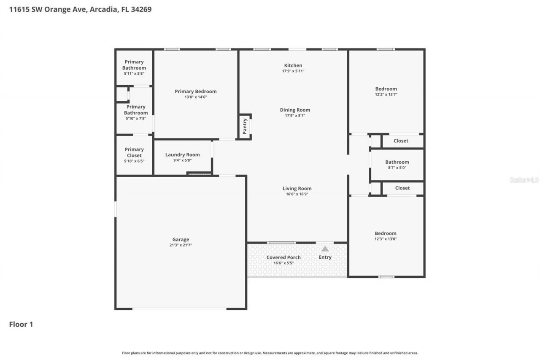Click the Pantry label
(x=244, y=126)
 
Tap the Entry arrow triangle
(x=325, y=249)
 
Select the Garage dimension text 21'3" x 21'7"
(x=181, y=245)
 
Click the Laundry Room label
(x=182, y=154)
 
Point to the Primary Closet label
(x=134, y=152)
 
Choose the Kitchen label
(x=293, y=65)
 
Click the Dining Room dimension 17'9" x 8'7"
(x=295, y=116)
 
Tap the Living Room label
(x=297, y=189)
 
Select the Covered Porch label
(x=283, y=257)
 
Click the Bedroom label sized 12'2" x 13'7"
(x=386, y=89)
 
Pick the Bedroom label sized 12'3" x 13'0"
(x=386, y=233)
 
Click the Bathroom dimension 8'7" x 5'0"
(x=397, y=168)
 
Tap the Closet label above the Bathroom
(x=401, y=141)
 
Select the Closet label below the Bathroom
(x=402, y=188)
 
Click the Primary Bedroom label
(x=196, y=91)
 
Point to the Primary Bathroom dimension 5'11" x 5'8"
(x=134, y=73)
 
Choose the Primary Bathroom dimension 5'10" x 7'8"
(x=136, y=119)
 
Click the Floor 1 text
(x=21, y=325)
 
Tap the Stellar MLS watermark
(x=524, y=180)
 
